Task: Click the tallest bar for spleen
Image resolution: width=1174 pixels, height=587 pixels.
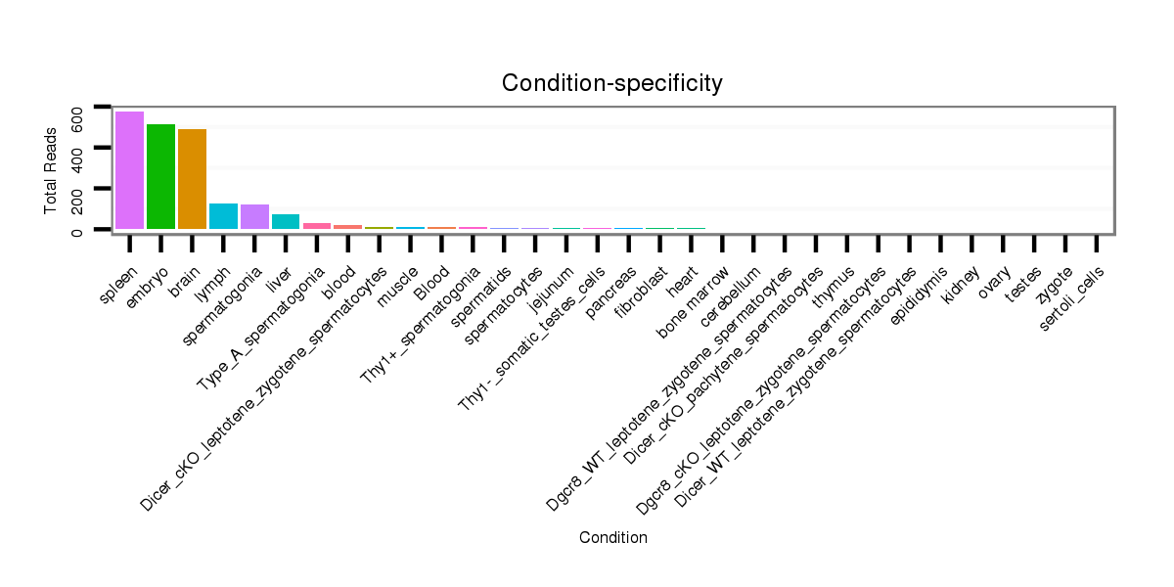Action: coord(129,170)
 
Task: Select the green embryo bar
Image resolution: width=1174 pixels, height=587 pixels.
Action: coord(160,176)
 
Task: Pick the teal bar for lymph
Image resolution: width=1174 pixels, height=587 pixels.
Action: coord(223,216)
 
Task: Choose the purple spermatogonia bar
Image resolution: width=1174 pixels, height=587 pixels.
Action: coord(254,217)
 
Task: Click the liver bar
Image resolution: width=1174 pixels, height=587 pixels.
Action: coord(286,222)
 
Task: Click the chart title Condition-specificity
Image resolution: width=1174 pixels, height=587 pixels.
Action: coord(612,83)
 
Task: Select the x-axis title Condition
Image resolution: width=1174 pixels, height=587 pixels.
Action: coord(612,537)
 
